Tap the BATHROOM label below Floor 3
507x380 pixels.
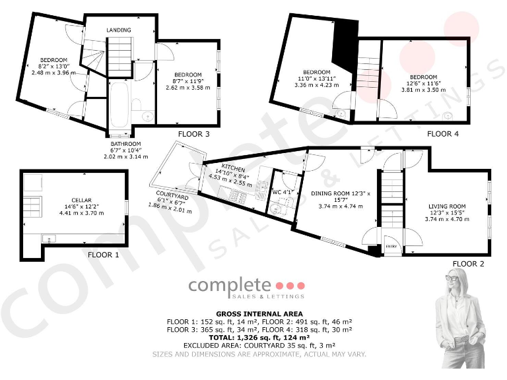(x=125, y=144)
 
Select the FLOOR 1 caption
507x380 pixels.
(x=104, y=253)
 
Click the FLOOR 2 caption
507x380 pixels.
(x=468, y=264)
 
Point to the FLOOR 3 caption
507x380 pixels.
(x=193, y=134)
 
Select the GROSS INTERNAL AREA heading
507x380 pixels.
(x=259, y=313)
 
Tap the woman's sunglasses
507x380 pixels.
(x=453, y=278)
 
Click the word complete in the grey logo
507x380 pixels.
(x=230, y=286)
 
